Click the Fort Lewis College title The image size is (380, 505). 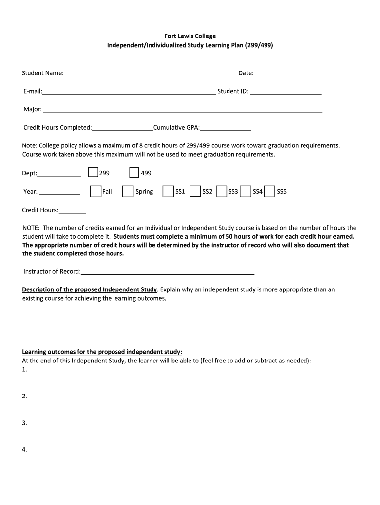point(190,36)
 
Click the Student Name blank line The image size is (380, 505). point(150,74)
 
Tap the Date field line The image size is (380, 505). point(286,74)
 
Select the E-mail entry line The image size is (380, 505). point(129,92)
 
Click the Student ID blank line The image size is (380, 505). point(286,92)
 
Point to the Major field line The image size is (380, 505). point(183,110)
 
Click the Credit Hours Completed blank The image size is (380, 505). point(123,128)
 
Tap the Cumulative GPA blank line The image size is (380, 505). point(226,128)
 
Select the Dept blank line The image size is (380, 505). point(60,174)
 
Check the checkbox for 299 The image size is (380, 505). point(93,172)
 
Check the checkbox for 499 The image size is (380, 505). point(134,172)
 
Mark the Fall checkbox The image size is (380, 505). point(95,191)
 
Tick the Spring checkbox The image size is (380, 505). point(128,191)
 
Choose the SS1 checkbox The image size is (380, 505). point(168,191)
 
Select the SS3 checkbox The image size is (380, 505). point(222,191)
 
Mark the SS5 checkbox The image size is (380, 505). point(269,191)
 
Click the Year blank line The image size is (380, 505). point(59,192)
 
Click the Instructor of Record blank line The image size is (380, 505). point(168,272)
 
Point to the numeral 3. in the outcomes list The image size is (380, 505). point(24,423)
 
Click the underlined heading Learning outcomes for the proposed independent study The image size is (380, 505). point(102,352)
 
